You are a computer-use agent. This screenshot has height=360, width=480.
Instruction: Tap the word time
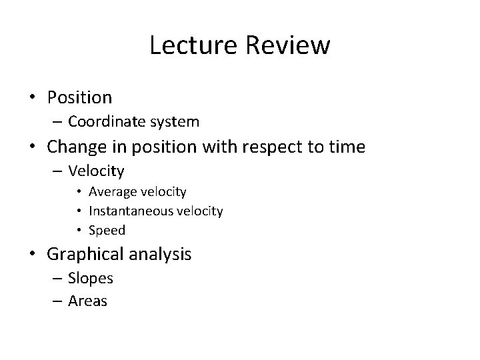tap(347, 147)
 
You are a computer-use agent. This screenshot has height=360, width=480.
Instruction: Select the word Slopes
tap(90, 277)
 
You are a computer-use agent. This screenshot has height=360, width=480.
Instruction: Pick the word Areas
tap(87, 301)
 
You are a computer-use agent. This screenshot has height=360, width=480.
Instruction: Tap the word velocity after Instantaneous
tap(199, 211)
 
